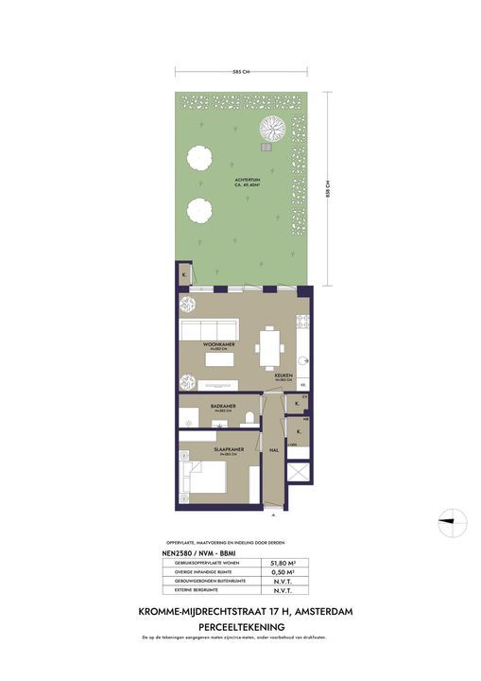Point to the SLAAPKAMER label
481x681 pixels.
coord(224,451)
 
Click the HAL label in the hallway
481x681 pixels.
coord(273,449)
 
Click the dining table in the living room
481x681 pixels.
coord(270,346)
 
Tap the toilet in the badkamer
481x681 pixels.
coord(248,417)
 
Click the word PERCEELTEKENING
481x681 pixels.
coord(240,626)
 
